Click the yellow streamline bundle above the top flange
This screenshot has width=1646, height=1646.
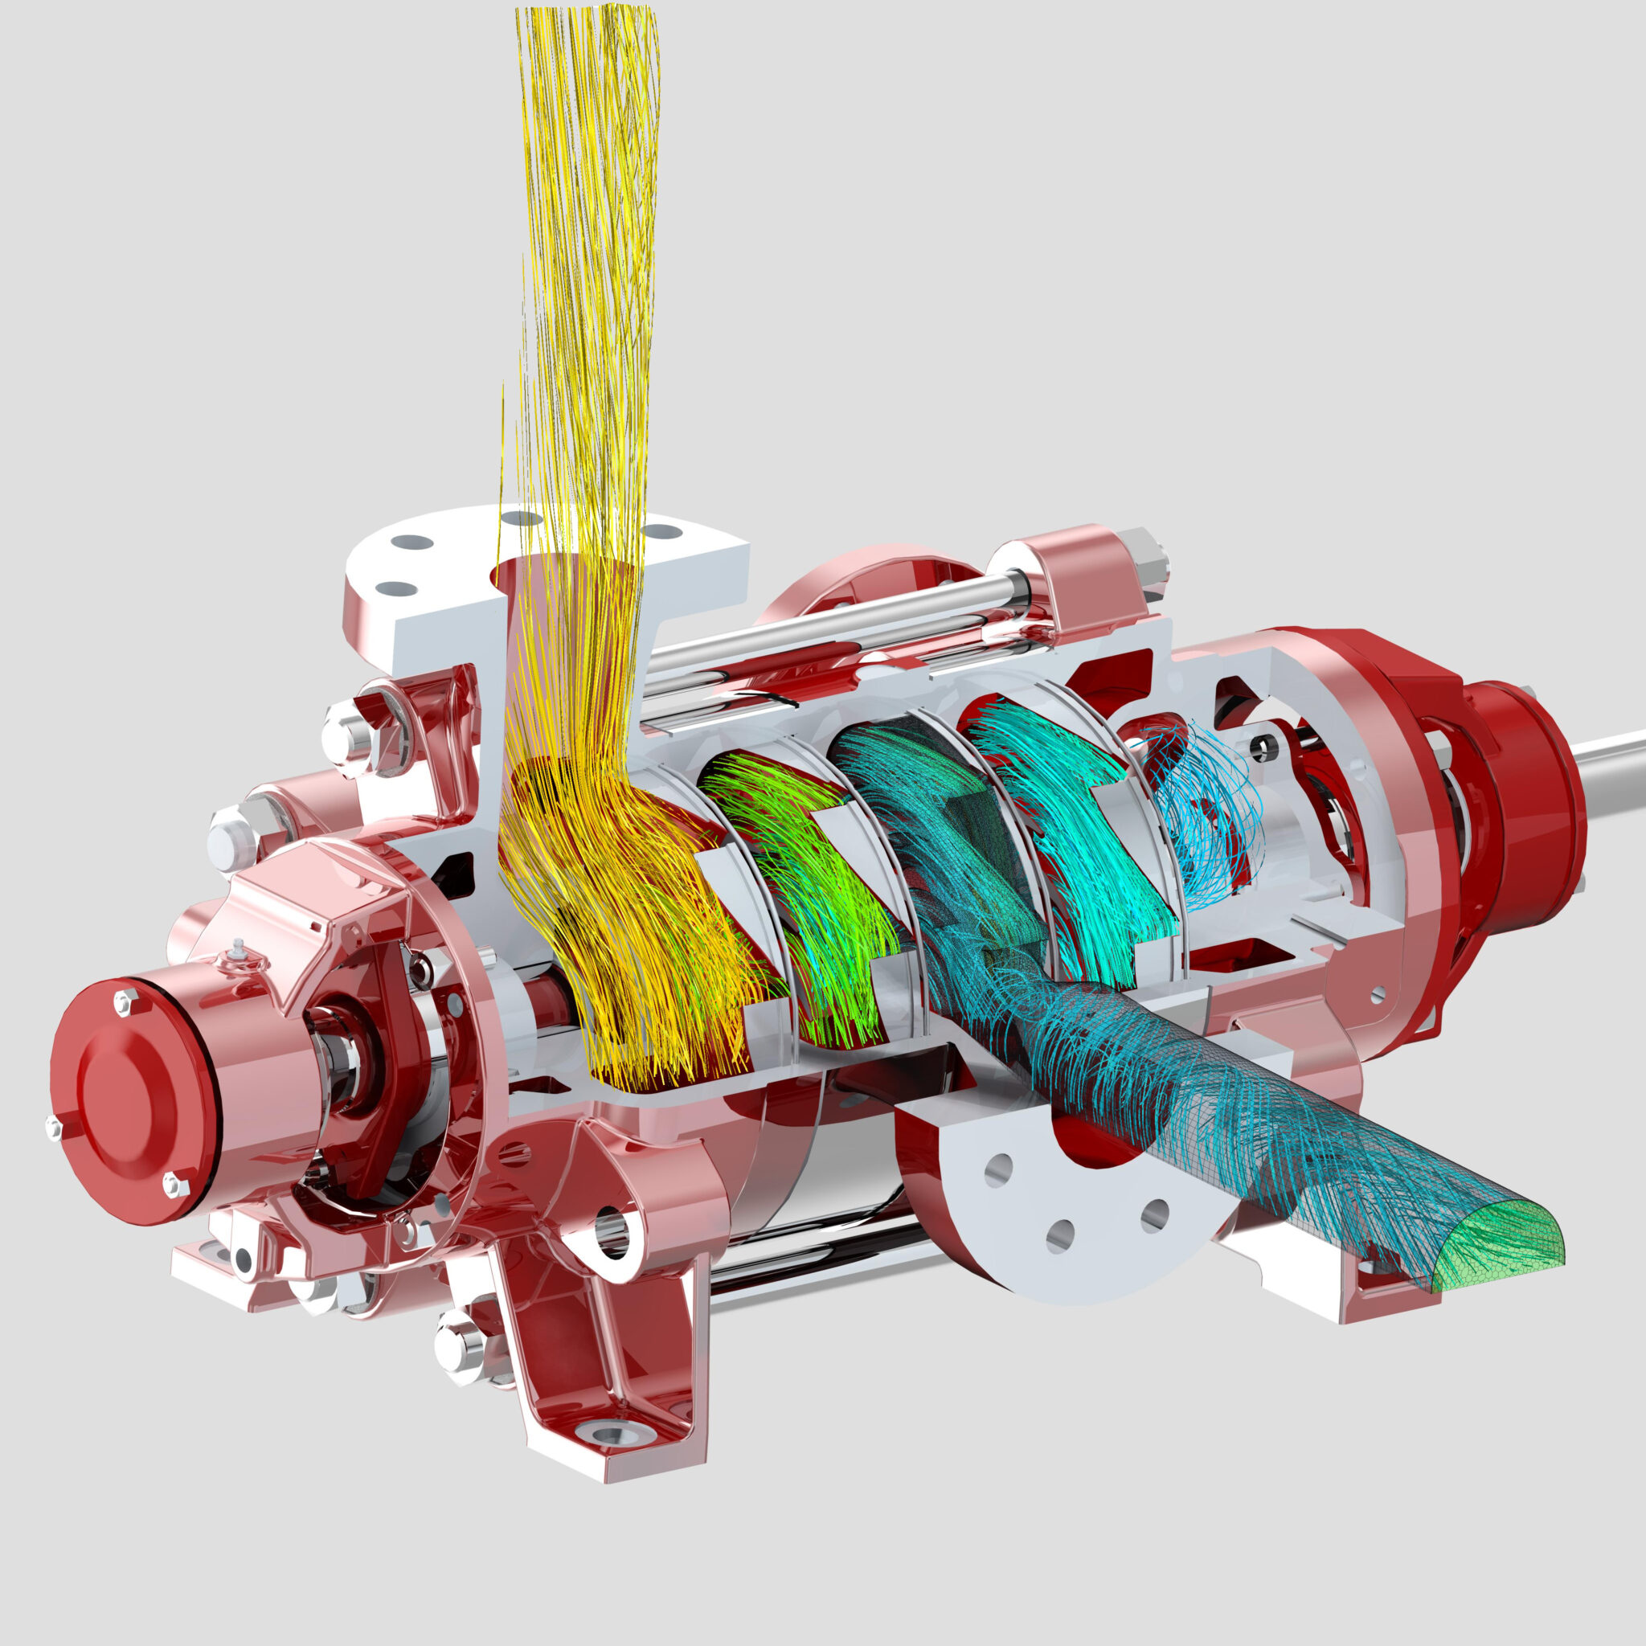click(588, 256)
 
